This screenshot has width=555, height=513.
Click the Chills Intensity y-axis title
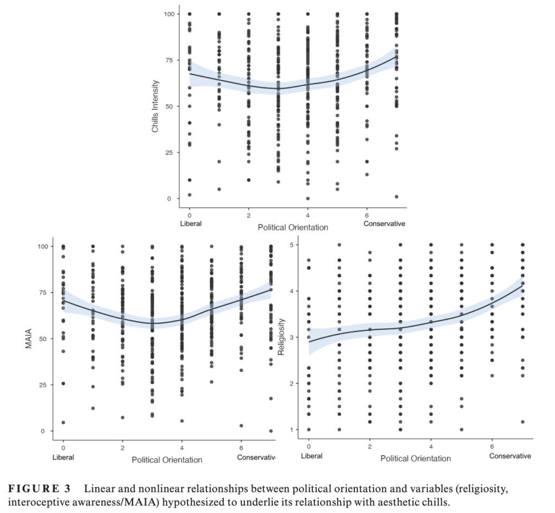155,106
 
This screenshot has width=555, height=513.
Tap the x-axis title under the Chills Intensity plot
293,228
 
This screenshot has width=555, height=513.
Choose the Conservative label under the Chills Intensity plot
384,224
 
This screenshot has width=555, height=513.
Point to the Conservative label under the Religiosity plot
510,456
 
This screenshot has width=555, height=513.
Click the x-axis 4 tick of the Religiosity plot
431,446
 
